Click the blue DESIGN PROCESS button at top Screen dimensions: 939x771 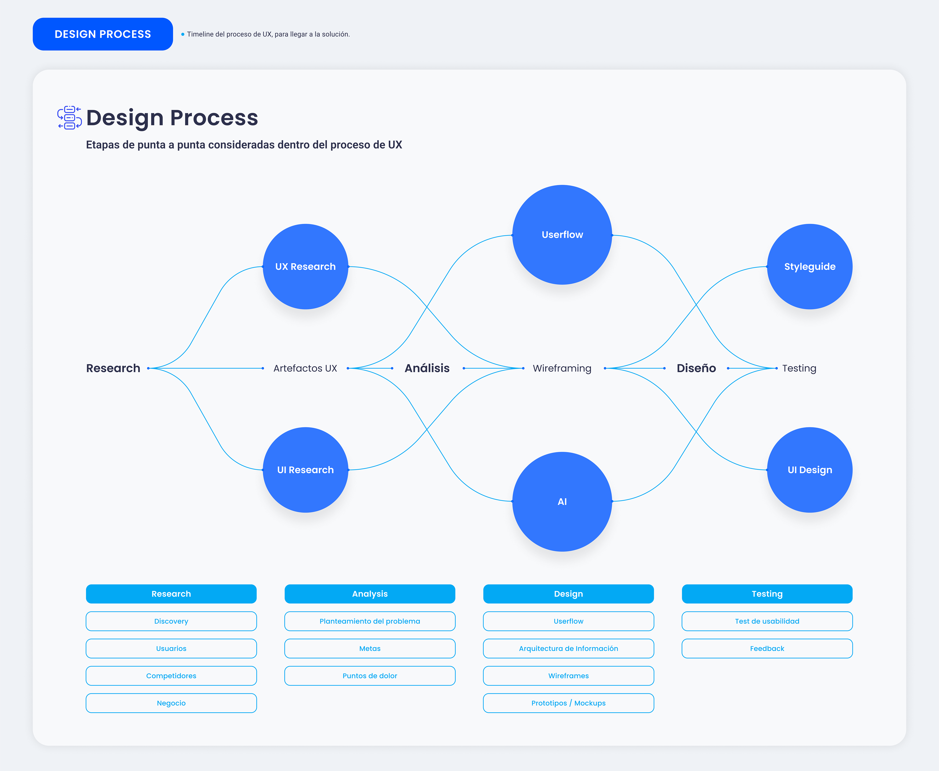pyautogui.click(x=103, y=34)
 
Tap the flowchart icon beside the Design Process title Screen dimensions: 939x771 pyautogui.click(x=69, y=118)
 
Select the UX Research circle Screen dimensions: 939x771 pyautogui.click(x=305, y=266)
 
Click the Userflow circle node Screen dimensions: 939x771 pyautogui.click(x=562, y=235)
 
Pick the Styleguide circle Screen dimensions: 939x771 pyautogui.click(x=810, y=266)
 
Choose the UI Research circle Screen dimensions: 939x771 pyautogui.click(x=305, y=470)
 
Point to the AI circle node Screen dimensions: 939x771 pyautogui.click(x=562, y=501)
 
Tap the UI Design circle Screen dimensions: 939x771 pyautogui.click(x=810, y=470)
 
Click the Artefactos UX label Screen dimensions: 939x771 pyautogui.click(x=305, y=368)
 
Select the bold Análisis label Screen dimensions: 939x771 pyautogui.click(x=427, y=368)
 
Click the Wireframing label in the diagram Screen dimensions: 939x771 pyautogui.click(x=562, y=368)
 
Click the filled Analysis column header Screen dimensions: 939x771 pyautogui.click(x=370, y=594)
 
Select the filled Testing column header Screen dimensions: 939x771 pyautogui.click(x=767, y=594)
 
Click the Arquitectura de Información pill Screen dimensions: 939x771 pyautogui.click(x=568, y=648)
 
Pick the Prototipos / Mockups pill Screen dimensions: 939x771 pyautogui.click(x=568, y=703)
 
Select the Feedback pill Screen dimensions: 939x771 pyautogui.click(x=767, y=648)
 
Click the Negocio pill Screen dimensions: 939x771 pyautogui.click(x=171, y=703)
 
